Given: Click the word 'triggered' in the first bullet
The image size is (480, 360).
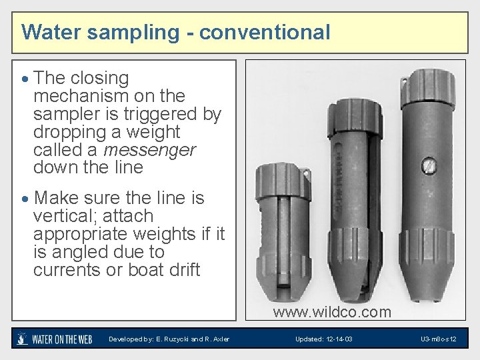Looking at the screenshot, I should point(163,114).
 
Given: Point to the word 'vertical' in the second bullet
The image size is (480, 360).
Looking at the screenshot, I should point(60,216).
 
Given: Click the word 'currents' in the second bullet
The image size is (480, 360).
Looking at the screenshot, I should point(66,270).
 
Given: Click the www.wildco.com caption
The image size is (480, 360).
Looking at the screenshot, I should point(332,311).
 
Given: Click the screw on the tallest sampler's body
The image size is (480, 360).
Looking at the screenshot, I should point(431,164).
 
